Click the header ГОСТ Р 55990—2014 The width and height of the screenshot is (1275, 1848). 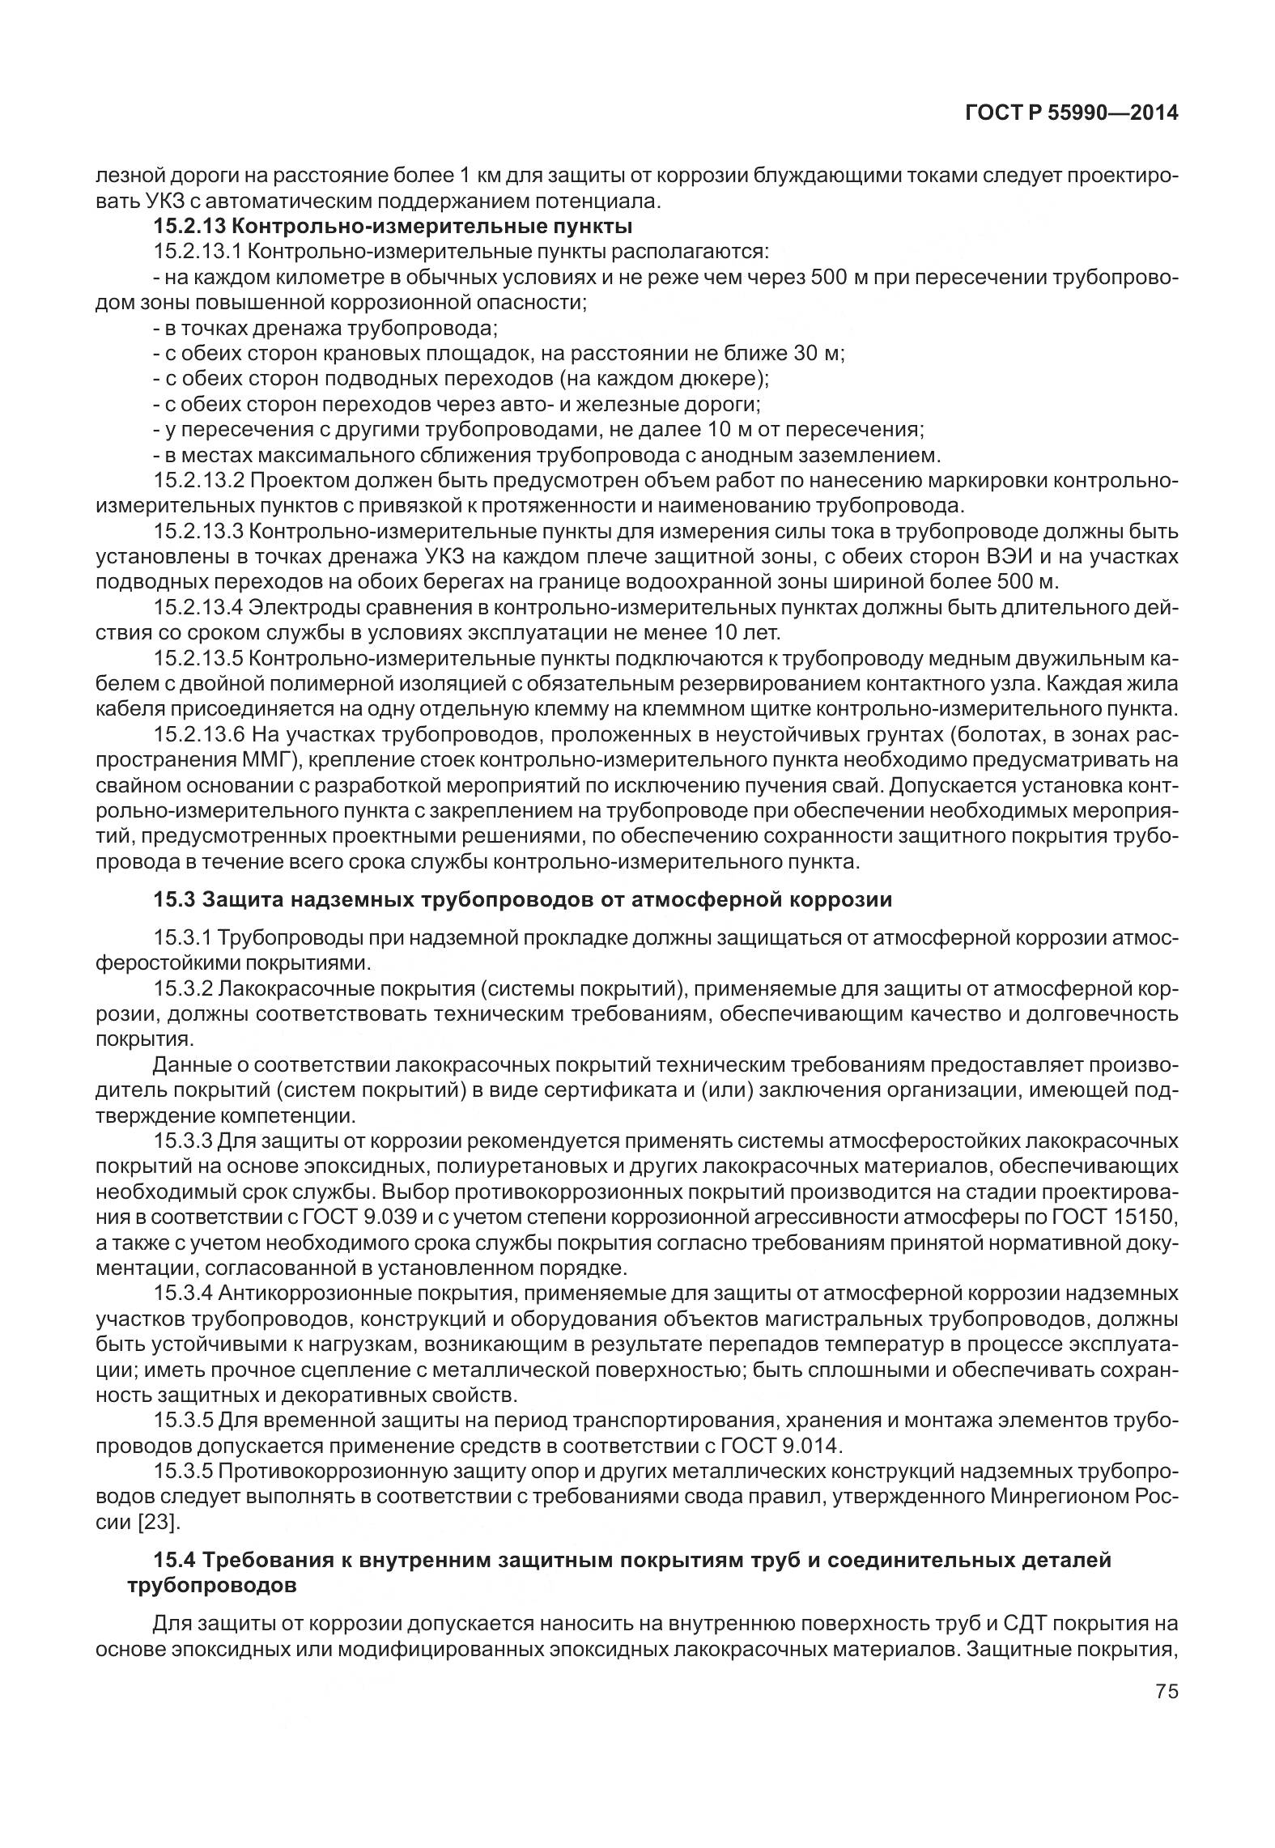(1071, 114)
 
